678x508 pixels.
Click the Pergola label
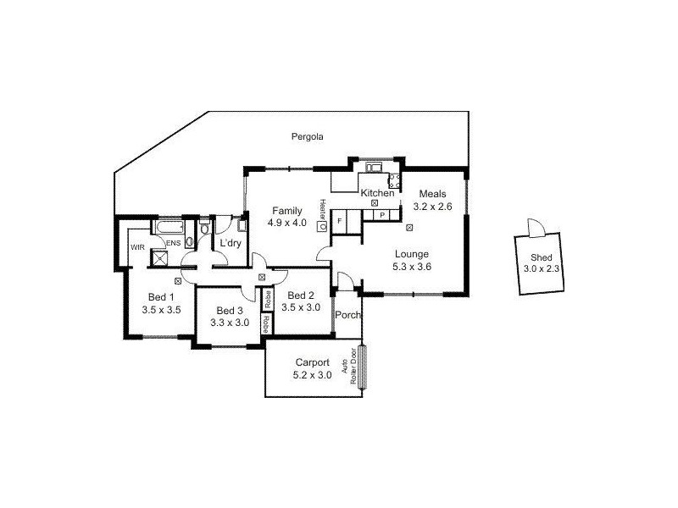(x=308, y=136)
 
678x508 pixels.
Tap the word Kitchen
(x=377, y=194)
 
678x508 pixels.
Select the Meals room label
(x=427, y=194)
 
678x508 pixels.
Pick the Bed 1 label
(x=161, y=297)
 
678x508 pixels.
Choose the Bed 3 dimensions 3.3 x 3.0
(x=230, y=322)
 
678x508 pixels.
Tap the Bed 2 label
(x=301, y=295)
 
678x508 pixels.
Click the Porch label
(x=347, y=316)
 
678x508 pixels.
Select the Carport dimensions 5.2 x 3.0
(x=312, y=374)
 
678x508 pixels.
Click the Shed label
(x=540, y=258)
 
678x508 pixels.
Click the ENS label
(x=172, y=244)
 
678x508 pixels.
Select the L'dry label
(x=230, y=244)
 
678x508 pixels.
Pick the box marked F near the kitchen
(x=340, y=220)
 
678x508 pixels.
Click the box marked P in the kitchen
(x=381, y=215)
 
